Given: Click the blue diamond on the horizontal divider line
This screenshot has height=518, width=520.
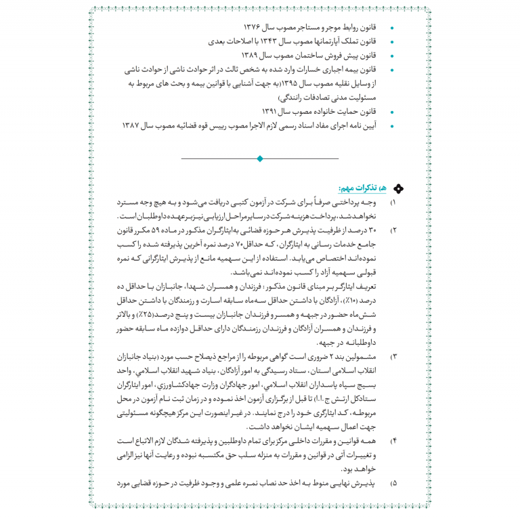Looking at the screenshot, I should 259,158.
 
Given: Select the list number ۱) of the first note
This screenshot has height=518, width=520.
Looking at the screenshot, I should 394,202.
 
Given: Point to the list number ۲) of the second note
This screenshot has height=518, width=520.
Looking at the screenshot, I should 394,230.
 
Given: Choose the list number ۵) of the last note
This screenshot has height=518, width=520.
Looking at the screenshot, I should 394,484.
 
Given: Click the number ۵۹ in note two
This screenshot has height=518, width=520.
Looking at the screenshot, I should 171,230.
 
